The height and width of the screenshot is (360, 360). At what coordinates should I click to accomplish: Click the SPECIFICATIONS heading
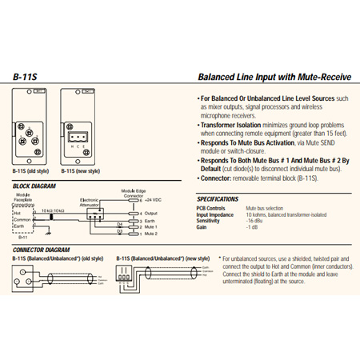click(x=218, y=199)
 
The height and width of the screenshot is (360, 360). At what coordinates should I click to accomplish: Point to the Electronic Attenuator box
click(x=88, y=206)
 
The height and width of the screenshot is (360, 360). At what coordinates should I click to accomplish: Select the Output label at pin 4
click(x=146, y=214)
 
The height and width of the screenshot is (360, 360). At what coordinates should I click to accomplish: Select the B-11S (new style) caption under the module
click(x=79, y=170)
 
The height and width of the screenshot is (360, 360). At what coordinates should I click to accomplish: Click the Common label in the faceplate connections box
click(x=22, y=220)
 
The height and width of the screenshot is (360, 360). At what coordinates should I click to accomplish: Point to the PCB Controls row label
click(x=213, y=208)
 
